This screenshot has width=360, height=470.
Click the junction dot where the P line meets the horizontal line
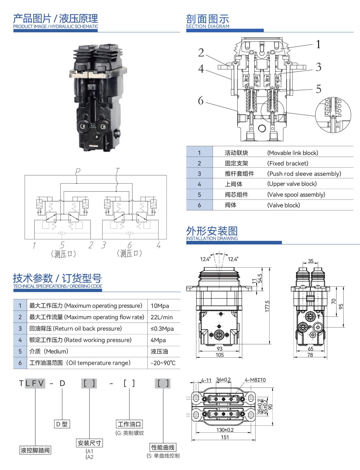pyautogui.click(x=77, y=184)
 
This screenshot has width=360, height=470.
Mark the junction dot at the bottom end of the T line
pyautogui.click(x=116, y=192)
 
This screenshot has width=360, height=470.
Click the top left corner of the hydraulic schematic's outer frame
pyautogui.click(x=25, y=175)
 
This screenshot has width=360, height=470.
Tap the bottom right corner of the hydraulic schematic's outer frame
pyautogui.click(x=166, y=239)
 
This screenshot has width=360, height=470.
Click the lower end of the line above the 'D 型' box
pyautogui.click(x=62, y=420)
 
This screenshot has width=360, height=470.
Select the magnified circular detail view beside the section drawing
pyautogui.click(x=333, y=115)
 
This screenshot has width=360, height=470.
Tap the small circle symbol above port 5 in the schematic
pyautogui.click(x=62, y=233)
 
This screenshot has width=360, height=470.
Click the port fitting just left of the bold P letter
pyautogui.click(x=302, y=327)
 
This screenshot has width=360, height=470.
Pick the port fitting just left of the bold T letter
pyautogui.click(x=310, y=316)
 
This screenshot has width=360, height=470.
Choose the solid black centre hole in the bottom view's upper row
pyautogui.click(x=223, y=399)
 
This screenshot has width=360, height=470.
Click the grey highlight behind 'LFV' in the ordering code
pyautogui.click(x=35, y=383)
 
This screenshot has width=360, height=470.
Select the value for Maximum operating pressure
pyautogui.click(x=160, y=306)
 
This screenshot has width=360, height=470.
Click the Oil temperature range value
pyautogui.click(x=163, y=363)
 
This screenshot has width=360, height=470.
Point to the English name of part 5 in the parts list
pyautogui.click(x=296, y=195)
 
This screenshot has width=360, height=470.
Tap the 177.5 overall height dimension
pyautogui.click(x=267, y=306)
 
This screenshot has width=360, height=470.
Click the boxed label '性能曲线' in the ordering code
pyautogui.click(x=163, y=447)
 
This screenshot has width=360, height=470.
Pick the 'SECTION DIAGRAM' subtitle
pyautogui.click(x=208, y=26)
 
